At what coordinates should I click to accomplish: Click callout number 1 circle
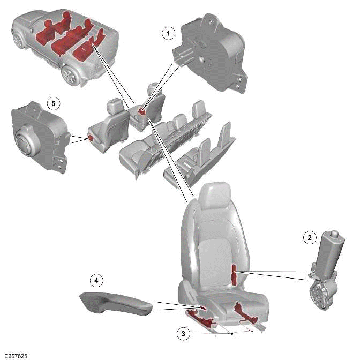[169, 33]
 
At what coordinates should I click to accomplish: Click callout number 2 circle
[309, 238]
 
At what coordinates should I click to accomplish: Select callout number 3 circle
[183, 333]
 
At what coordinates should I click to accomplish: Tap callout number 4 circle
[96, 281]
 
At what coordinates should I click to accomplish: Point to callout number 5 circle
[51, 101]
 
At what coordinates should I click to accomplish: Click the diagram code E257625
[16, 355]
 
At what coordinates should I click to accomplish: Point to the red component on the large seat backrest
[234, 274]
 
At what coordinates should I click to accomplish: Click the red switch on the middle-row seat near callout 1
[142, 111]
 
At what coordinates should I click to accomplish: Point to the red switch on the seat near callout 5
[91, 138]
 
